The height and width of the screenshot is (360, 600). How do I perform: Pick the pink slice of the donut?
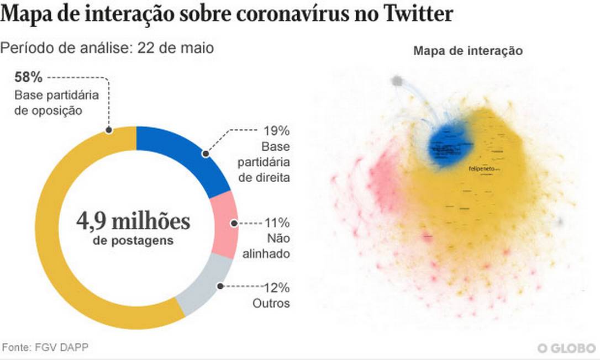pos(225,224)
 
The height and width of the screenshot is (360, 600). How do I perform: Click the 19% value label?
pos(277,131)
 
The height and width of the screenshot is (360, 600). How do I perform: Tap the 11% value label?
pos(277,224)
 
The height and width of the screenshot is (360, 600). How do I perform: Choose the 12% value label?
pos(277,287)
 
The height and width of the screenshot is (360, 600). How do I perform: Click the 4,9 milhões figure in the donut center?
pos(133,221)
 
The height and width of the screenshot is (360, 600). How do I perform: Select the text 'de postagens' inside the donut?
pos(133,241)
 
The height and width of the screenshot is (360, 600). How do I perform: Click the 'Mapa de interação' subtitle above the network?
pos(467,51)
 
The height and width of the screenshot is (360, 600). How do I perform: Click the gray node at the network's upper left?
pos(397,81)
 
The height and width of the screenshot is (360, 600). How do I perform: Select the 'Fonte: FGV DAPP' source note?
pos(45,347)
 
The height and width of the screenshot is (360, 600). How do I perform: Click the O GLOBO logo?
pos(566,348)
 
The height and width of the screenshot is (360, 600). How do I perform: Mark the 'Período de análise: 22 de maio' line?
pos(107,48)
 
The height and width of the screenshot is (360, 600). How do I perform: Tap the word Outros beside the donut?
pos(271,303)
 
